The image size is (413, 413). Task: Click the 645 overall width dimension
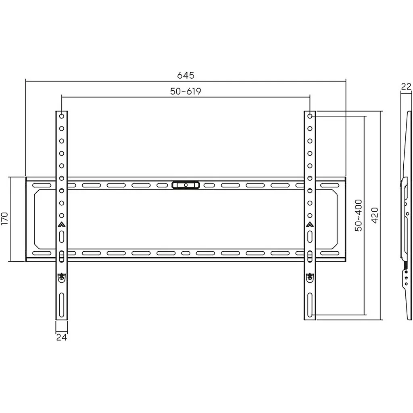click(186, 75)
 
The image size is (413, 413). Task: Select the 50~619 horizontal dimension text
click(186, 92)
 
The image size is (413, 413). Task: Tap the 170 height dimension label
click(5, 219)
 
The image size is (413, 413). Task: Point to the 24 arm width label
click(61, 337)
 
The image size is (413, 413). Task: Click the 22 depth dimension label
click(406, 86)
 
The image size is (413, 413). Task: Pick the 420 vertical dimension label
click(375, 215)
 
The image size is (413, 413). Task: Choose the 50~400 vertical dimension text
click(359, 215)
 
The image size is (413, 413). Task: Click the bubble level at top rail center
click(186, 185)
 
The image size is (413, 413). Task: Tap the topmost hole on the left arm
click(62, 116)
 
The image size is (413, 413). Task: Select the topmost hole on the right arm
click(310, 116)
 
